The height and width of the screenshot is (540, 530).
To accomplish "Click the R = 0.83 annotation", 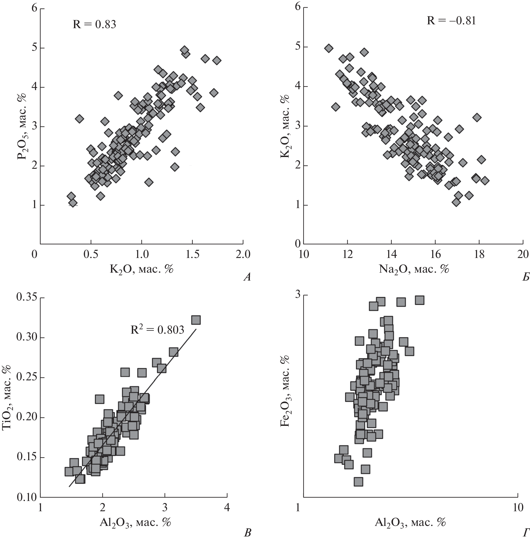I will coord(94,24).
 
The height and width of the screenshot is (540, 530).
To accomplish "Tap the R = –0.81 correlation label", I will coord(451,21).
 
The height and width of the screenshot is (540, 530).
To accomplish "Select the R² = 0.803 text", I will coord(157,330).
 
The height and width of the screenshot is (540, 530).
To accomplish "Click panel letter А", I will coord(247,277).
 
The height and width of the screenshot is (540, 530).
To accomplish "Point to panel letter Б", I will coord(525,277).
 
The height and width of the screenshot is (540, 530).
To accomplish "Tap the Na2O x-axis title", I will coord(414,269).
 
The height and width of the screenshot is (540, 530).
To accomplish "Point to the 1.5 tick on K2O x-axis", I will coord(192,254).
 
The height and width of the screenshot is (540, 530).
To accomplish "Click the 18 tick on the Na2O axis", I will coord(479,254).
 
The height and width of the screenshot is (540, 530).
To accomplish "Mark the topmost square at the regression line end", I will coord(196,320).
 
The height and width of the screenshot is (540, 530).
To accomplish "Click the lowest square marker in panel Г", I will coord(358,482).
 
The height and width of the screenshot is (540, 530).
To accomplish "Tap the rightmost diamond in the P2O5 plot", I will coord(217,61).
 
